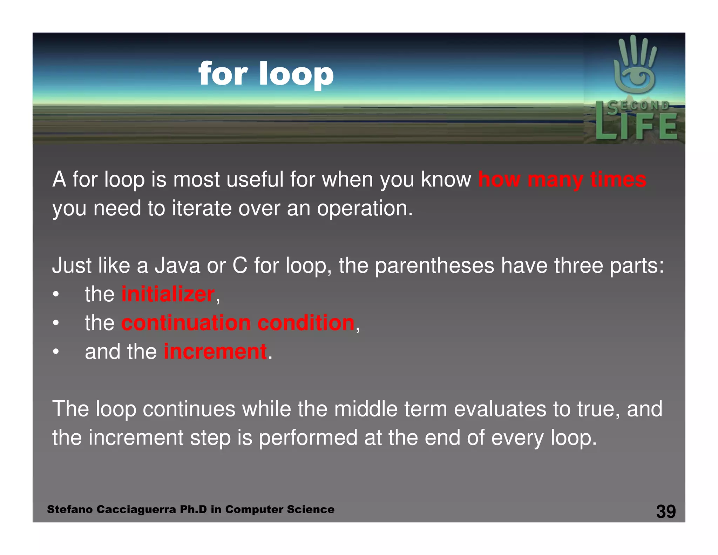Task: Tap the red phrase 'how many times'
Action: pyautogui.click(x=562, y=180)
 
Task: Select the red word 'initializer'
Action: pyautogui.click(x=168, y=294)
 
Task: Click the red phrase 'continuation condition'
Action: pyautogui.click(x=238, y=323)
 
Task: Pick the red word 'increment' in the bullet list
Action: pyautogui.click(x=215, y=352)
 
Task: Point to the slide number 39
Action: pyautogui.click(x=666, y=511)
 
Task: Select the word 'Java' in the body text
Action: pyautogui.click(x=177, y=265)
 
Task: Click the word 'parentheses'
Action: pyautogui.click(x=434, y=266)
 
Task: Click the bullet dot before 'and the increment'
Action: pyautogui.click(x=56, y=352)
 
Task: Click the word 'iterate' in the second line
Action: pyautogui.click(x=202, y=208)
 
